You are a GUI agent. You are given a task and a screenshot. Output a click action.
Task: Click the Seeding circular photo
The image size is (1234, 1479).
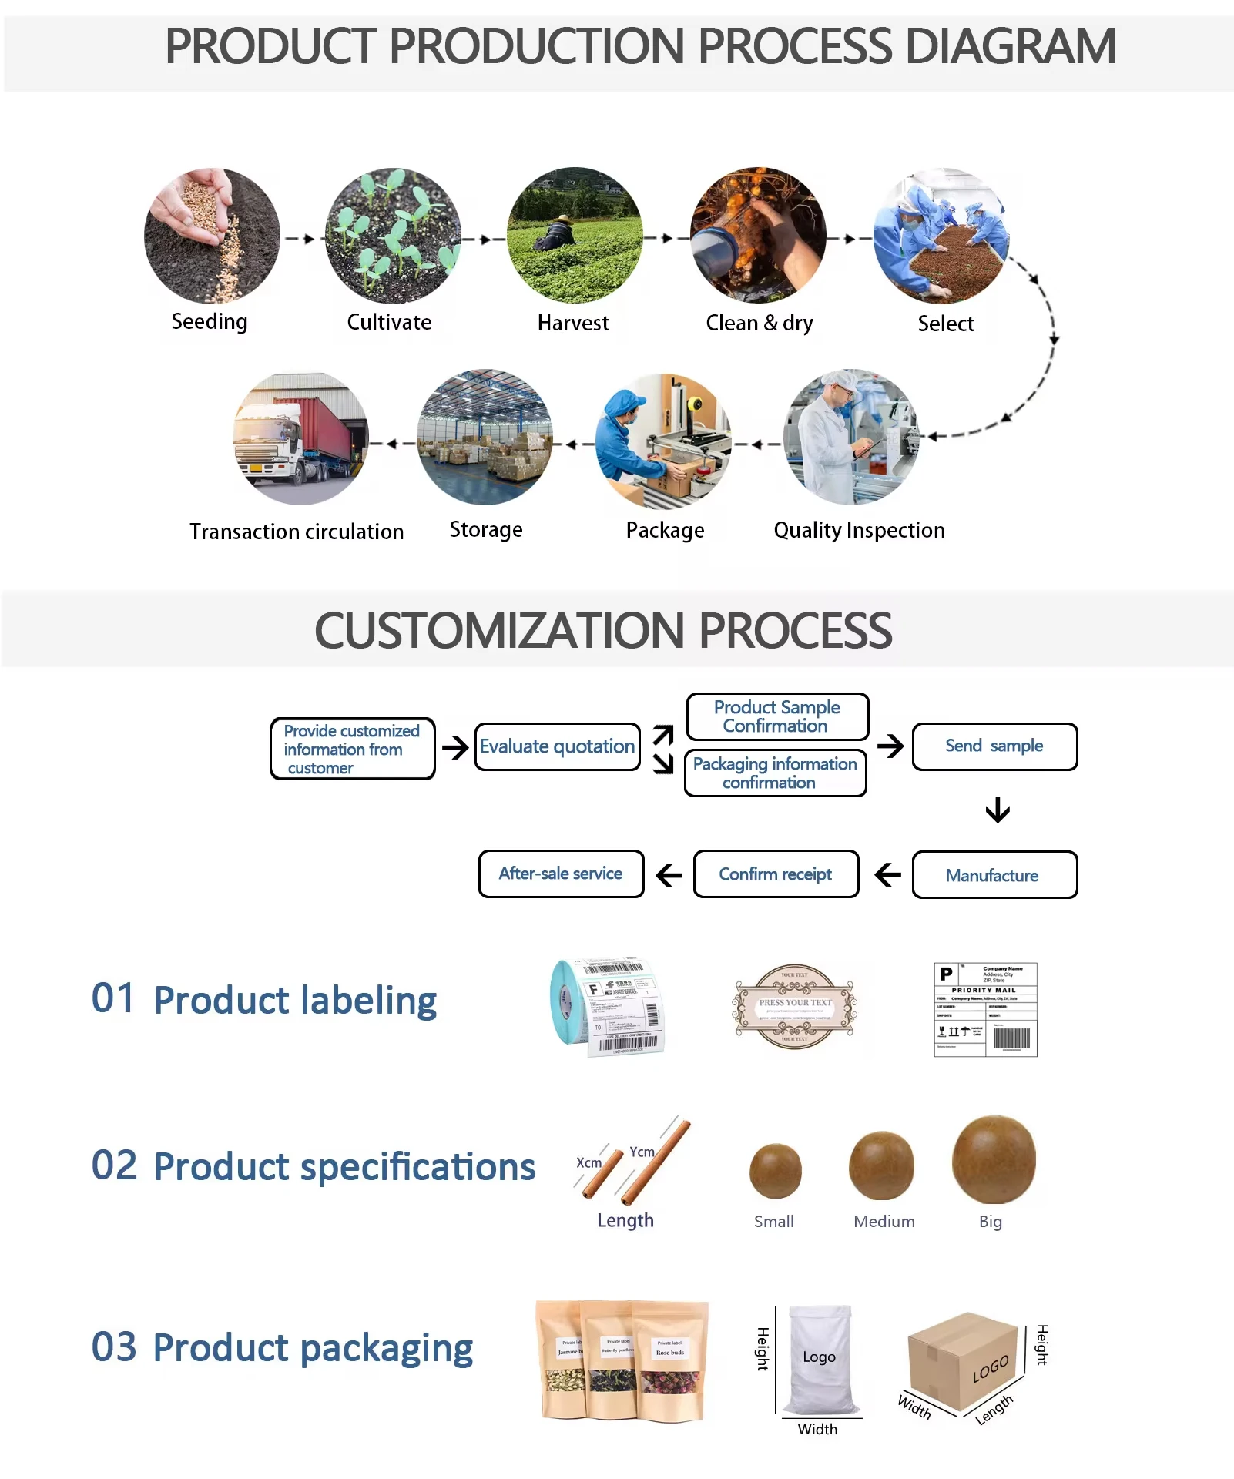coord(212,236)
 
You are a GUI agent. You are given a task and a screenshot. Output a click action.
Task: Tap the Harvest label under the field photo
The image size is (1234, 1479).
coord(572,323)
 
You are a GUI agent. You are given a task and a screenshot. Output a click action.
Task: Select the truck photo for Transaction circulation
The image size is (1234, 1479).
coord(300,438)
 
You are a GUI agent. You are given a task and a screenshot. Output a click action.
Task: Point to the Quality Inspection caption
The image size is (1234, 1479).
coord(859,530)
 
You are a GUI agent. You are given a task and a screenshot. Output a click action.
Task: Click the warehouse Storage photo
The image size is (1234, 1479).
coord(485,438)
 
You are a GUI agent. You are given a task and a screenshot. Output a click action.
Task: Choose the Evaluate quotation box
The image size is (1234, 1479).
coord(557,746)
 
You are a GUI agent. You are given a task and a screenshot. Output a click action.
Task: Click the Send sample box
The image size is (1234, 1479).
coord(994,746)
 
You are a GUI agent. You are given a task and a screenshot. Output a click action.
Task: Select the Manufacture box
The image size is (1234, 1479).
coord(994,875)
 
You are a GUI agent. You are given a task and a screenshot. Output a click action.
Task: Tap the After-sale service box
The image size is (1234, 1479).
coord(561,874)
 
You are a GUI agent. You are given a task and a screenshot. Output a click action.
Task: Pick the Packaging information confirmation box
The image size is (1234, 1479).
coord(775,773)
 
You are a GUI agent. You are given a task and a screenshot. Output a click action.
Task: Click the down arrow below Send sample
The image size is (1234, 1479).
coord(998,810)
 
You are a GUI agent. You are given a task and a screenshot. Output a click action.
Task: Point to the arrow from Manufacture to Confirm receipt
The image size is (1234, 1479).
coord(887,874)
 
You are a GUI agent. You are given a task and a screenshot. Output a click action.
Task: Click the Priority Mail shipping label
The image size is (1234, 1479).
coord(985,1009)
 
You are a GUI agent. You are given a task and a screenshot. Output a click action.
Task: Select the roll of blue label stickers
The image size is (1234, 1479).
coord(608,1007)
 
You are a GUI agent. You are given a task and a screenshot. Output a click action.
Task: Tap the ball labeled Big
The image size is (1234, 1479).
coord(994,1159)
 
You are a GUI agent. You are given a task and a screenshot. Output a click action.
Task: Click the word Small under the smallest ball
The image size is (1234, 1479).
coord(773,1221)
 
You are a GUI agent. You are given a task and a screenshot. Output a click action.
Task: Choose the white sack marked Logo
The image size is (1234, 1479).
coord(820,1360)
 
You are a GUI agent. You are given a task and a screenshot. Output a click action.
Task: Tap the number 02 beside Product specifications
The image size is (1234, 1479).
coord(114,1165)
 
